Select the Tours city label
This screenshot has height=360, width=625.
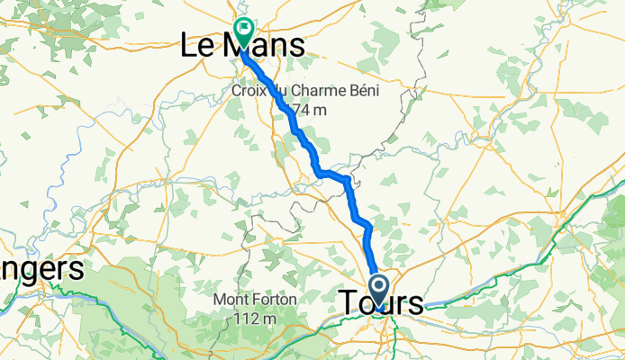pyautogui.click(x=382, y=302)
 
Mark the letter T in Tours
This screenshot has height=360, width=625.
pyautogui.click(x=350, y=302)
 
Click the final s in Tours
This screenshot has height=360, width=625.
pyautogui.click(x=415, y=302)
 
